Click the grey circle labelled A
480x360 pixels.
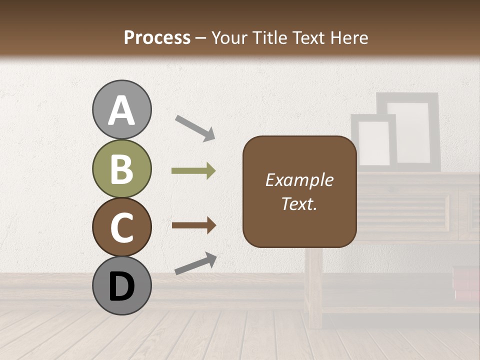(121, 110)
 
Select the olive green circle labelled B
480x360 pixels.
(121, 169)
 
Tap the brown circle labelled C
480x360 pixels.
(121, 227)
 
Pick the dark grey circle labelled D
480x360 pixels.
(121, 286)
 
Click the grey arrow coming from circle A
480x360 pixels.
(195, 127)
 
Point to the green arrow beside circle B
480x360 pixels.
(193, 171)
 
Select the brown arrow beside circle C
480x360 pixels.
(193, 225)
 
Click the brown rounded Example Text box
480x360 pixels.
(299, 191)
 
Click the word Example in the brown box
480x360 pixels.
(299, 180)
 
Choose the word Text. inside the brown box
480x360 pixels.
(299, 204)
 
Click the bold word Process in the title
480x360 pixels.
(157, 37)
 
